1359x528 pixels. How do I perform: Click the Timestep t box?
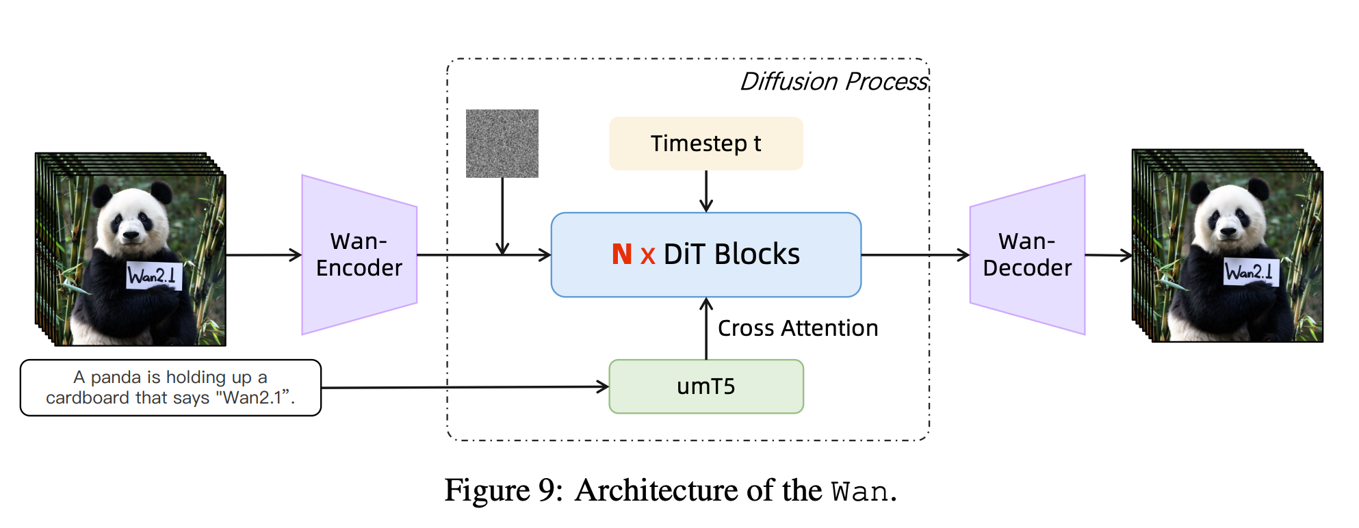(x=706, y=144)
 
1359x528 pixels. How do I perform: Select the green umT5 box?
(x=706, y=386)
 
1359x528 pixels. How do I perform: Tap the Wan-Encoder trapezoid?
(x=359, y=255)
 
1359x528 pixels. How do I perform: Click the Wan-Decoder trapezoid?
(x=1028, y=255)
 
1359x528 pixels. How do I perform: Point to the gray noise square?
(x=502, y=144)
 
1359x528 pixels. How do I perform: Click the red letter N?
(x=622, y=254)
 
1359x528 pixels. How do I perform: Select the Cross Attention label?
(x=798, y=328)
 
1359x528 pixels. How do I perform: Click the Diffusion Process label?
(x=834, y=81)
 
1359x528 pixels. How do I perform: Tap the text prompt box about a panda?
(x=170, y=388)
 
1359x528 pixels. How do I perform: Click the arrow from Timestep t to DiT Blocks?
(x=706, y=192)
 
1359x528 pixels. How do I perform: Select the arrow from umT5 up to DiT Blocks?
(x=706, y=328)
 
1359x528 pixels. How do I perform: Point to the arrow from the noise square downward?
(x=502, y=216)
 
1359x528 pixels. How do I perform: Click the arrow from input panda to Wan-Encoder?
(x=264, y=255)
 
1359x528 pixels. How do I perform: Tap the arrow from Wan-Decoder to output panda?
(x=1109, y=255)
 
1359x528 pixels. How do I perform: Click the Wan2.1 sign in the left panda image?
(x=154, y=276)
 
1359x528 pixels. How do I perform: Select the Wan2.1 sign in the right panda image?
(x=1251, y=272)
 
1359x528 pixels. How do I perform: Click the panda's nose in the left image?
(x=131, y=235)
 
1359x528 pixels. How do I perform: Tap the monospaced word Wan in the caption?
(x=860, y=492)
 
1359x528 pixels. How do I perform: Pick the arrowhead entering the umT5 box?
(x=603, y=387)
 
